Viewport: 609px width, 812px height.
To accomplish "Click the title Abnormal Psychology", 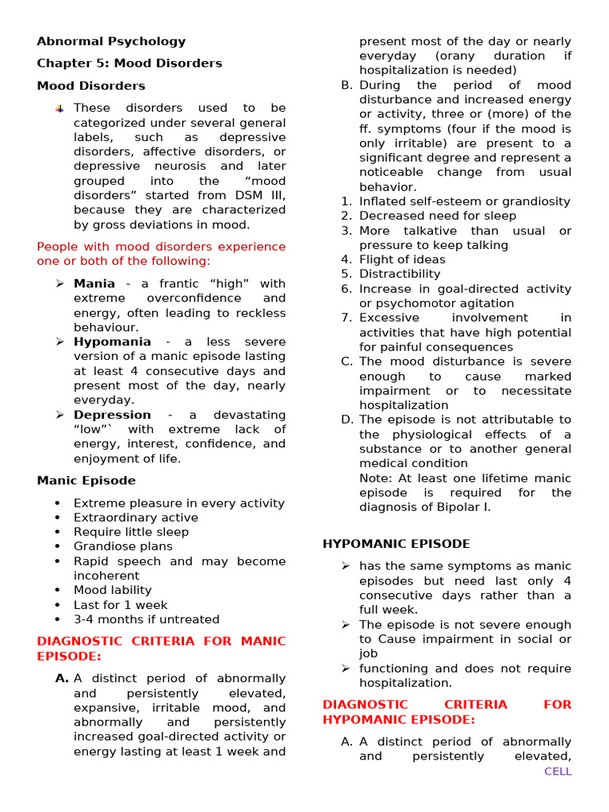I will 111,41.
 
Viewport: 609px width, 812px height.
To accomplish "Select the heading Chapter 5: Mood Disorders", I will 129,63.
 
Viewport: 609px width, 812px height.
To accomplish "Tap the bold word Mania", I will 94,284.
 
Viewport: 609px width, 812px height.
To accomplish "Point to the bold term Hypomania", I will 112,342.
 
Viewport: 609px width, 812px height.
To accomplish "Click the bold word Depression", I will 112,415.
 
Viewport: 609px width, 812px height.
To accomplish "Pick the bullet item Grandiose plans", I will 123,546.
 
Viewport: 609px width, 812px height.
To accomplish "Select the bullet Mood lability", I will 112,590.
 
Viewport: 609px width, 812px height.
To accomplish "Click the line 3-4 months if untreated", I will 147,619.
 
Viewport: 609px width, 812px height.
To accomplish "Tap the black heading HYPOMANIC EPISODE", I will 396,544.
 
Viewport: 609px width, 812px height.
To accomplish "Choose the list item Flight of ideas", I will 402,259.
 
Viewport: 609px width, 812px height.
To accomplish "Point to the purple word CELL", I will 557,772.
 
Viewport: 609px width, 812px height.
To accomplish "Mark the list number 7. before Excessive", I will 347,318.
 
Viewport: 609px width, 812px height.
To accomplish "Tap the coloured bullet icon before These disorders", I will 60,109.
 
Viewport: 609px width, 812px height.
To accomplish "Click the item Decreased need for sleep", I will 437,216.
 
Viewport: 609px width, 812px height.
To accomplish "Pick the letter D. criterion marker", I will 347,419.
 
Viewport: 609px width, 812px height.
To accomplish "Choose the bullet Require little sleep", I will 131,532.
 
